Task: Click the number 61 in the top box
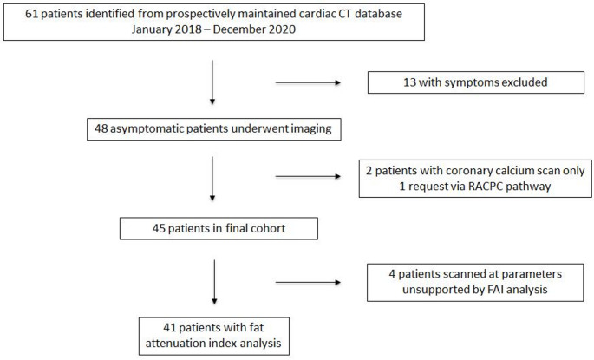pos(31,14)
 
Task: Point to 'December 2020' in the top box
pos(254,29)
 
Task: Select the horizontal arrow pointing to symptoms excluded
pos(308,82)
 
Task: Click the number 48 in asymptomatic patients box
pos(101,129)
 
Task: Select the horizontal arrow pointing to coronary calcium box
pos(308,177)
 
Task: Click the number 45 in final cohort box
pos(159,228)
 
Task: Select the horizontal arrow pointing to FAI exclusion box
pos(308,282)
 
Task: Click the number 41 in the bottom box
pos(169,327)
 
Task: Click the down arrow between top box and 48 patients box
pos(212,82)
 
